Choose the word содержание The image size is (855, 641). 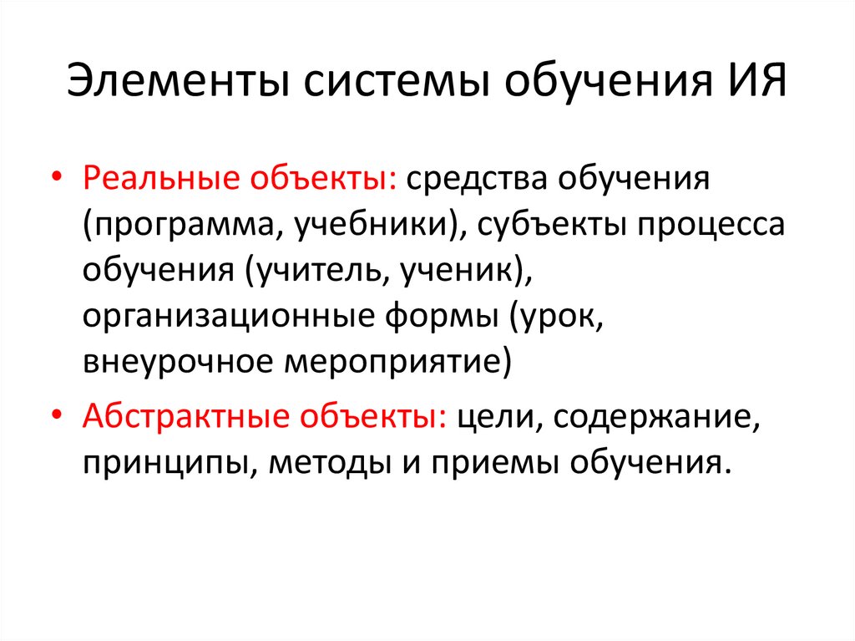click(652, 415)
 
